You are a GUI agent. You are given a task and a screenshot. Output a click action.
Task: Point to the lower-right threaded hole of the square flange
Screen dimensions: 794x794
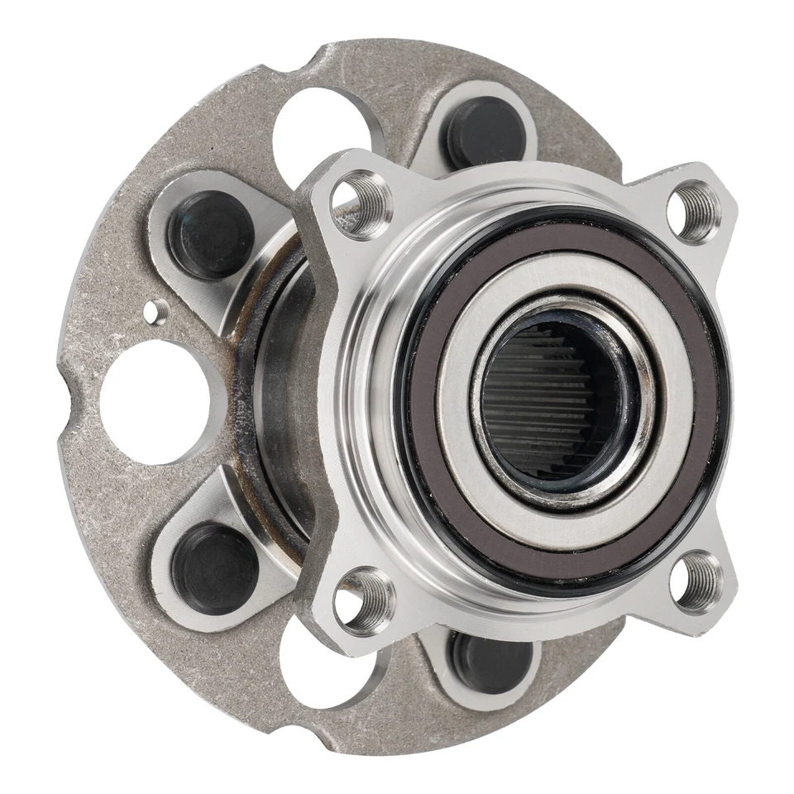coord(696,581)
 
